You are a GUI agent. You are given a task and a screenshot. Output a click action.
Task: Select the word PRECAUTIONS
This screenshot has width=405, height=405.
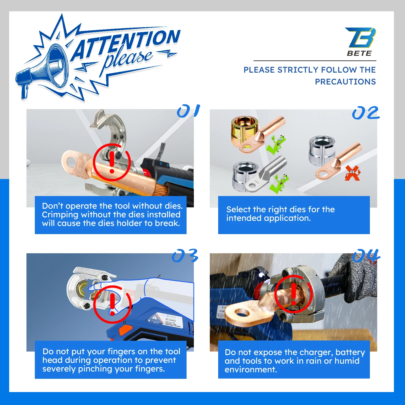[345, 82]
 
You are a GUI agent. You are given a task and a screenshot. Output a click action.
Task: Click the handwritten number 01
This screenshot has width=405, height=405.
[188, 111]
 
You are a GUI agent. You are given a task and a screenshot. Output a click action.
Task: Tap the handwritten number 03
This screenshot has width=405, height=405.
[185, 256]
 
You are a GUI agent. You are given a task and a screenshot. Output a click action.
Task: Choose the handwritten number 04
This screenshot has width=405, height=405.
[366, 255]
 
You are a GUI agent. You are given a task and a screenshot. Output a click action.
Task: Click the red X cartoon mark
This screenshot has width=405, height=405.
[352, 173]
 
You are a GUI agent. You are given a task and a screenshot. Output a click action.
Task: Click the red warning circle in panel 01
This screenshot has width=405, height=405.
[112, 162]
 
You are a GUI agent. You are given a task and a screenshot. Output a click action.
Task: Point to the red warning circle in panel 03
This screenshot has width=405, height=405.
[112, 304]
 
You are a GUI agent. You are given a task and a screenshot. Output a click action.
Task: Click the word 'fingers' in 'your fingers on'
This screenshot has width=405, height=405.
[122, 352]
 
